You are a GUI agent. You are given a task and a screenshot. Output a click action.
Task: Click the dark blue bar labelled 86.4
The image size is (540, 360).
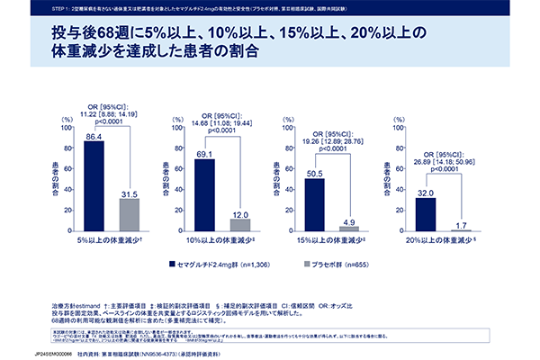(x=94, y=186)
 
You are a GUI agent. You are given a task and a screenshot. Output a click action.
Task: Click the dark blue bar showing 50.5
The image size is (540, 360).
(x=314, y=206)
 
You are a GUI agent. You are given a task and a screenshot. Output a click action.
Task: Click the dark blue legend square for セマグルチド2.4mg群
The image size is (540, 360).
(x=172, y=265)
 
